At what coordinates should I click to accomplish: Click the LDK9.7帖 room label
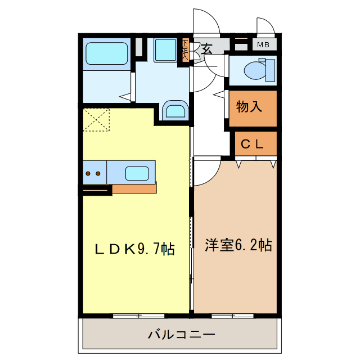[134, 248]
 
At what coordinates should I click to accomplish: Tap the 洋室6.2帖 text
[238, 245]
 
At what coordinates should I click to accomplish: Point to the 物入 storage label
[249, 107]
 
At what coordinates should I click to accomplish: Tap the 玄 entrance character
[206, 49]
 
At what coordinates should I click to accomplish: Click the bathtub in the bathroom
[107, 54]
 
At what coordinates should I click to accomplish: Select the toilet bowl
[256, 70]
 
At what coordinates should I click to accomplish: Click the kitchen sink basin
[137, 173]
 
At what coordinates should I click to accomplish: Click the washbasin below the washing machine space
[174, 111]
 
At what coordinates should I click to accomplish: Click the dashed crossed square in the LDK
[96, 120]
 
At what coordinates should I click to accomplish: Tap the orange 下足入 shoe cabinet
[185, 50]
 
